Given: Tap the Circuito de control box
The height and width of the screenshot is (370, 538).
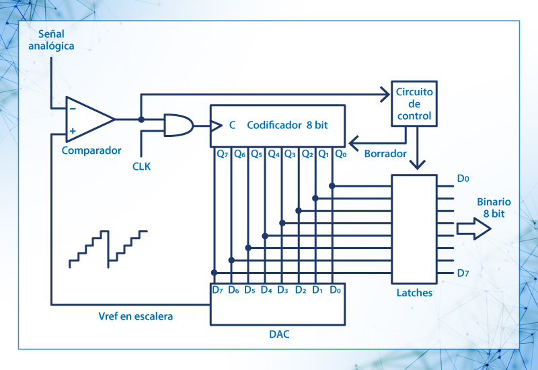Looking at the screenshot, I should pyautogui.click(x=414, y=104).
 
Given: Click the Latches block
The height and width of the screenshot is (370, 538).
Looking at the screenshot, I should pyautogui.click(x=414, y=228).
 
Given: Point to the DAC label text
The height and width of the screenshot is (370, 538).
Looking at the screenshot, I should pyautogui.click(x=278, y=334).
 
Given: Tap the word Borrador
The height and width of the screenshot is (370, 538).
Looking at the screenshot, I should pyautogui.click(x=385, y=154).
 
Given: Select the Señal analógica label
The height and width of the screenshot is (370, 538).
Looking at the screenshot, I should pyautogui.click(x=46, y=40).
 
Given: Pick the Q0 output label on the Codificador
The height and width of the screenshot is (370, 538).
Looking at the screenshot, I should pyautogui.click(x=340, y=154).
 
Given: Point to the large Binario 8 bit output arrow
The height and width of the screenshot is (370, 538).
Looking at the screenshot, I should pyautogui.click(x=473, y=228).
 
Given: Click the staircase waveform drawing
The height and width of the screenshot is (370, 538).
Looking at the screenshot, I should pyautogui.click(x=108, y=247).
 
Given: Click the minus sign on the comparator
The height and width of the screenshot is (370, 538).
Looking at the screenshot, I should pyautogui.click(x=72, y=107).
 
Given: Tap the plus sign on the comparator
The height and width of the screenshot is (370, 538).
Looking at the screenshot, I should pyautogui.click(x=72, y=131).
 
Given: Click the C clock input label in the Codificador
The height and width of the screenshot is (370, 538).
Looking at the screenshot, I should pyautogui.click(x=232, y=125).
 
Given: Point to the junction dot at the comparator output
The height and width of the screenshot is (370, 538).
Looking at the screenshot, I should pyautogui.click(x=141, y=120).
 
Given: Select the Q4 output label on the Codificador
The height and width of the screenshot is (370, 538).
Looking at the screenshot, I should pyautogui.click(x=274, y=154).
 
